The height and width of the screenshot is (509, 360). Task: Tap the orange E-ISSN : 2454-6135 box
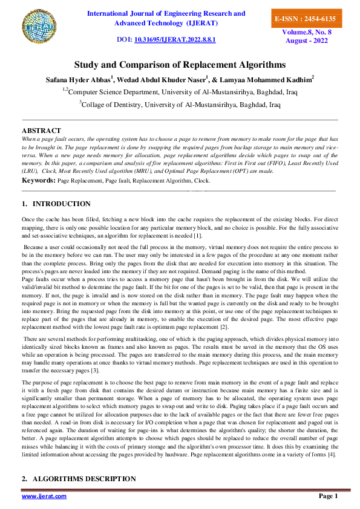304,19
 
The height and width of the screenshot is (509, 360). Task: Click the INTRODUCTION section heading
62,204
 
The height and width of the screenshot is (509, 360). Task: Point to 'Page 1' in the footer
328,496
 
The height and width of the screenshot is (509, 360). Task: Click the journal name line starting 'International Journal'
166,13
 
